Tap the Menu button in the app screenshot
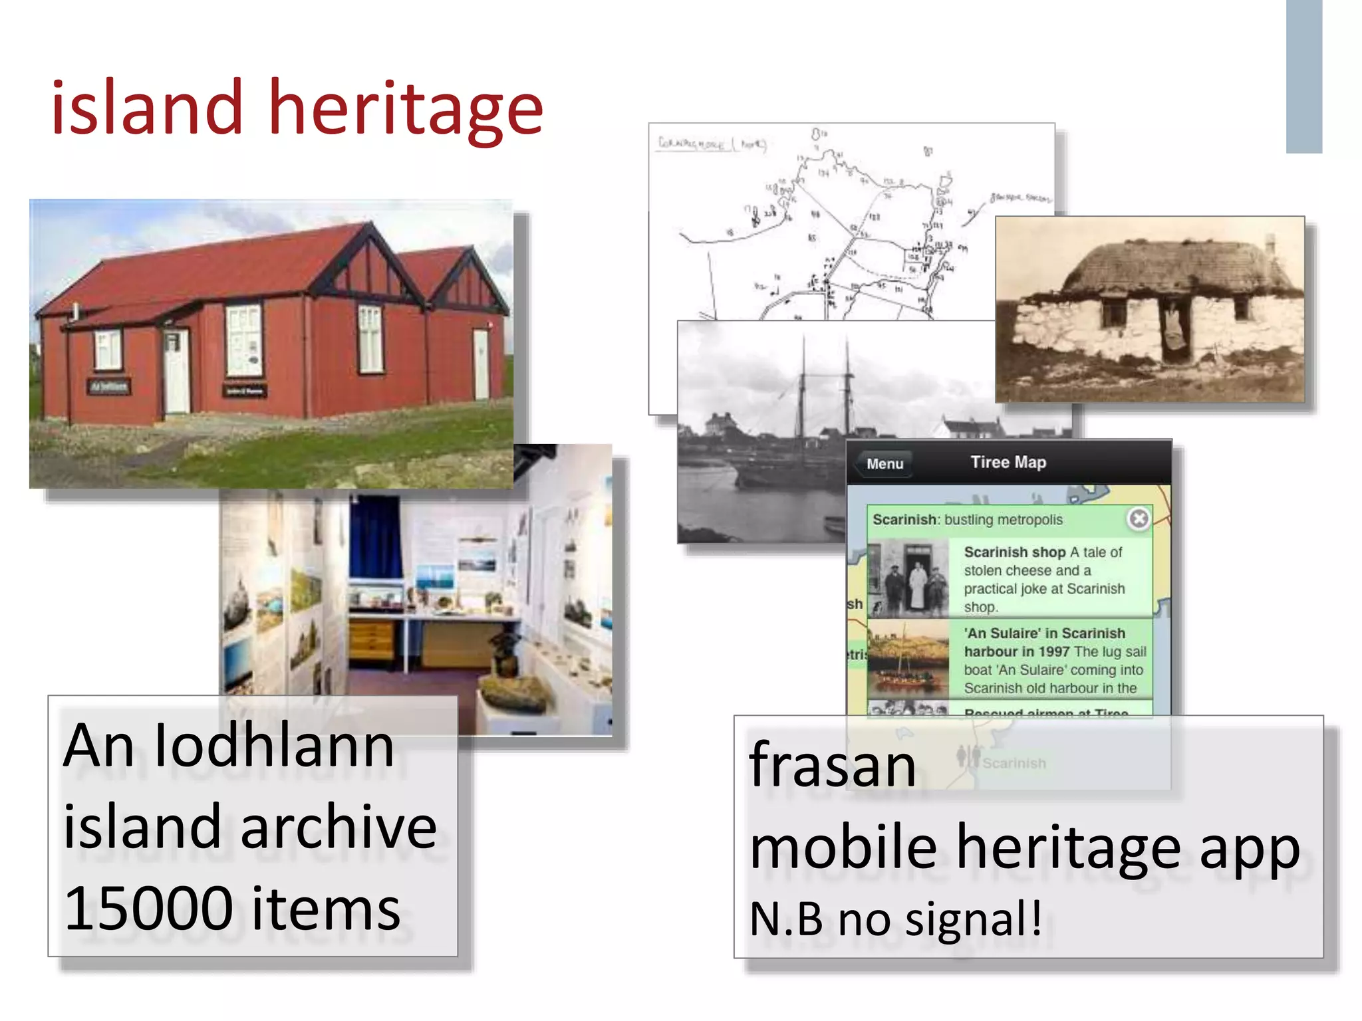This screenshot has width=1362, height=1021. (885, 464)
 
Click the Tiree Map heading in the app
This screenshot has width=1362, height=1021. (1008, 462)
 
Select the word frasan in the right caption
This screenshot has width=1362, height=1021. (833, 766)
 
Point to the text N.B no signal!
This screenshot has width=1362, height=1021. (895, 919)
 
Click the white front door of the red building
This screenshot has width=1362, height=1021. (176, 372)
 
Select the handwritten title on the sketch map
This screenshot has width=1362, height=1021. (710, 144)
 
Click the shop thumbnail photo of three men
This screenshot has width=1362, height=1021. (908, 579)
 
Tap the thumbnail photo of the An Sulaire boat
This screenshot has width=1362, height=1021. (908, 658)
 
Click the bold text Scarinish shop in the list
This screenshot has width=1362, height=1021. (1014, 552)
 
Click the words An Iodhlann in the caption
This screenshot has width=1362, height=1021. (229, 746)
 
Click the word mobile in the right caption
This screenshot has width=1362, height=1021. (843, 848)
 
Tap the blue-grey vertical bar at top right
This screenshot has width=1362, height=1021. (1303, 76)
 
